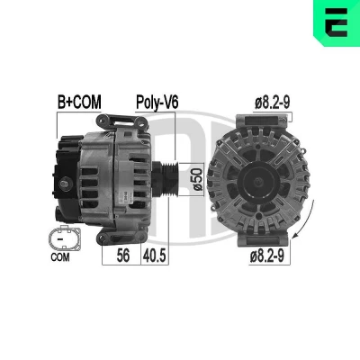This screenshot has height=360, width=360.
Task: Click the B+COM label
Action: tap(79, 103)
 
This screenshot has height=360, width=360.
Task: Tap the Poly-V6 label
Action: tap(157, 103)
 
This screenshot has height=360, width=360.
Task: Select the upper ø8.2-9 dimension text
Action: tap(273, 103)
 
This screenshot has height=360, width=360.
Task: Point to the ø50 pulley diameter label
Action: tap(197, 179)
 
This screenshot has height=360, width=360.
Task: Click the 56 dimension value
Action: tap(123, 256)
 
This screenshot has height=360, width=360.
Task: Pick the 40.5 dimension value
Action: tap(155, 256)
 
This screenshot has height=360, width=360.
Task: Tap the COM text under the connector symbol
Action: tap(60, 257)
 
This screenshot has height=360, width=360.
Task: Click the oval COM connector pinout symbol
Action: tap(65, 238)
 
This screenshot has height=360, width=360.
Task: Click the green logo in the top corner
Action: tap(337, 23)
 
